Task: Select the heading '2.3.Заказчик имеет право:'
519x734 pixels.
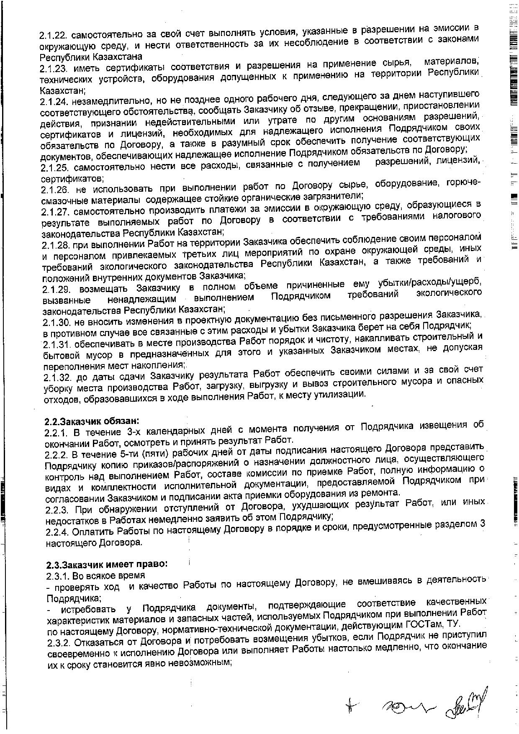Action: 106,564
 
